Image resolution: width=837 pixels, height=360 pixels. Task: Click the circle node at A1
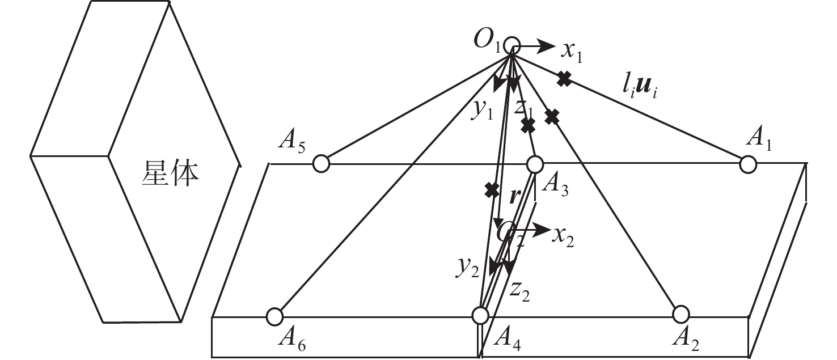pyautogui.click(x=748, y=164)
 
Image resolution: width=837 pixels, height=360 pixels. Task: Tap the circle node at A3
pyautogui.click(x=535, y=164)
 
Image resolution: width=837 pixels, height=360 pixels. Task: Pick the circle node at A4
pyautogui.click(x=480, y=316)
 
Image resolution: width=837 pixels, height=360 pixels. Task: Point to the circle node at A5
pyautogui.click(x=321, y=164)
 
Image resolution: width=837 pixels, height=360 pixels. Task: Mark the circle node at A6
pyautogui.click(x=274, y=317)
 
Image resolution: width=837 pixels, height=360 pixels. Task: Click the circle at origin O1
pyautogui.click(x=511, y=45)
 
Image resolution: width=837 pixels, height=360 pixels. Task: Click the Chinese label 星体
pyautogui.click(x=170, y=173)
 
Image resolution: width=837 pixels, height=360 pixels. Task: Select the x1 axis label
pyautogui.click(x=572, y=52)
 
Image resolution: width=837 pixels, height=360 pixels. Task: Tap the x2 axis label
pyautogui.click(x=563, y=236)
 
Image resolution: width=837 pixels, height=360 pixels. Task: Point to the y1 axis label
pyautogui.click(x=482, y=110)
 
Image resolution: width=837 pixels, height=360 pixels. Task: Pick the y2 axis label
pyautogui.click(x=467, y=266)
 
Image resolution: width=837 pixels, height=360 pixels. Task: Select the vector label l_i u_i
pyautogui.click(x=640, y=89)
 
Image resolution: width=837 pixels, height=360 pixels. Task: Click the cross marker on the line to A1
pyautogui.click(x=564, y=79)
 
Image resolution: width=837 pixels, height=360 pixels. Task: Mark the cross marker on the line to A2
pyautogui.click(x=552, y=117)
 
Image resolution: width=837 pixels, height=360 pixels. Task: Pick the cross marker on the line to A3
pyautogui.click(x=527, y=126)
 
